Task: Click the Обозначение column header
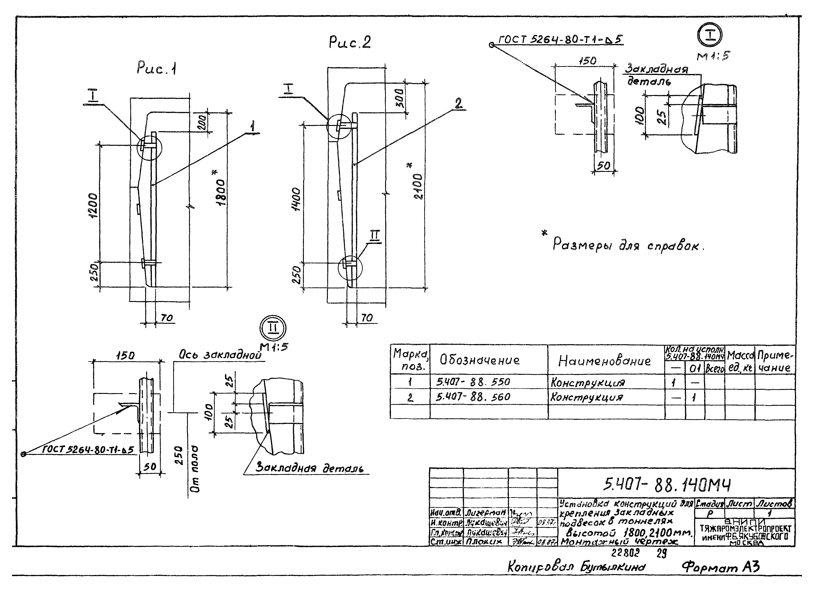(x=480, y=360)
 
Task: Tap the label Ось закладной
(x=220, y=355)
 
